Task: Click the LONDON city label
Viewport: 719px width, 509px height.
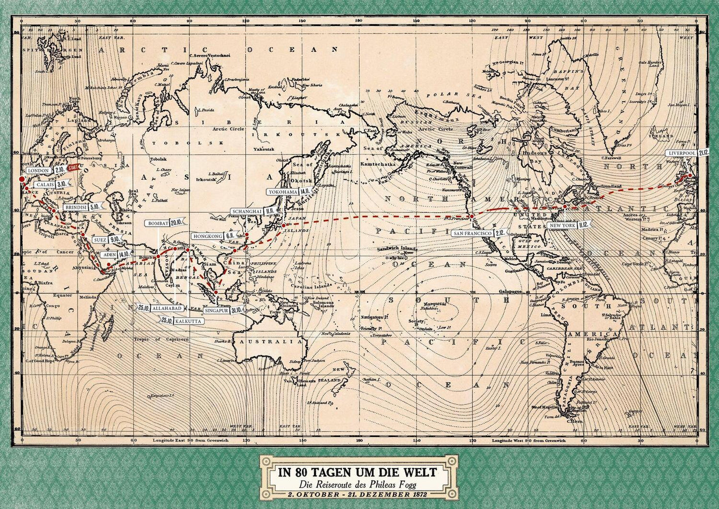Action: [x=39, y=170]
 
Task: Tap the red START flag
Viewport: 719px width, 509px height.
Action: [x=73, y=168]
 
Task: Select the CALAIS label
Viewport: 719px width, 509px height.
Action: [x=46, y=184]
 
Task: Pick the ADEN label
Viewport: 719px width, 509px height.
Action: [x=108, y=254]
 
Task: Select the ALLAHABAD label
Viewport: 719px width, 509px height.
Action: [x=163, y=309]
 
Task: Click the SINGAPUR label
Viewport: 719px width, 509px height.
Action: [x=216, y=310]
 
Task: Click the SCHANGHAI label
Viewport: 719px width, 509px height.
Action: [x=247, y=212]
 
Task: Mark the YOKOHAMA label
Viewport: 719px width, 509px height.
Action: [x=283, y=191]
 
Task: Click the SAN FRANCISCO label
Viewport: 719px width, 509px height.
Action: [x=473, y=233]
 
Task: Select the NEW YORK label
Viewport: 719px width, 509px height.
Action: [x=562, y=225]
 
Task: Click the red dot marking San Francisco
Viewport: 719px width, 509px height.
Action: [x=472, y=217]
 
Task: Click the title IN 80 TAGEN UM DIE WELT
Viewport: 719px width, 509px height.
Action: [x=357, y=472]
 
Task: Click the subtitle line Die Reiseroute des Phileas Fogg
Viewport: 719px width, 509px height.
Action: [x=357, y=485]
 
